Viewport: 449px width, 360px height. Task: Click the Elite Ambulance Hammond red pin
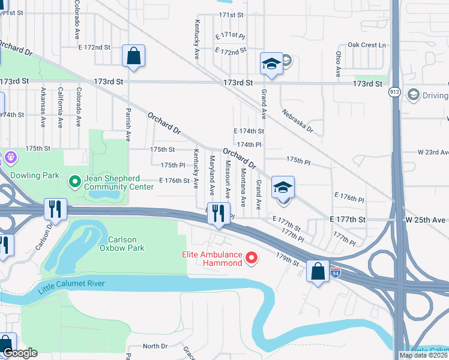coord(252,259)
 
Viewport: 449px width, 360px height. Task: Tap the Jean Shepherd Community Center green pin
coord(74,180)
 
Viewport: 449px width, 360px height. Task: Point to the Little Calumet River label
coord(71,286)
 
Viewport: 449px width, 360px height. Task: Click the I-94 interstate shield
coord(337,272)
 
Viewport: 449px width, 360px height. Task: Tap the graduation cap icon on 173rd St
coord(271,64)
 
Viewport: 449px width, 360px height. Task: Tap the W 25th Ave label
coord(427,220)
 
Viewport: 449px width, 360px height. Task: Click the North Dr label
coord(155,346)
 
